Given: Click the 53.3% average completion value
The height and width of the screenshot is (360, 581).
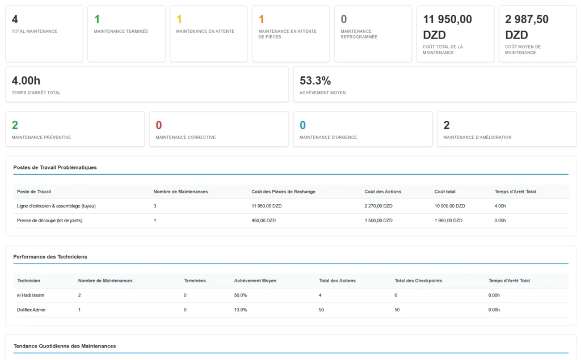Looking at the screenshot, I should tap(315, 81).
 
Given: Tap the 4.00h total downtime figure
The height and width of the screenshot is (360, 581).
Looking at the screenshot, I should tap(26, 81).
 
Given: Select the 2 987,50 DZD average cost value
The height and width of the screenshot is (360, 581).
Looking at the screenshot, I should tap(527, 27).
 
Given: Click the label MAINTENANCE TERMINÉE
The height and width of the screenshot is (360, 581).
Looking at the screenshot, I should tap(121, 31).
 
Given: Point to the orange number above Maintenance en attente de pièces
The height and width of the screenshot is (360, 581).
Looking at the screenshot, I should tap(262, 19).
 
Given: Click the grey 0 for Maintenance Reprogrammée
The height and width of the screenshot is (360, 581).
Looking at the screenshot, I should tap(344, 19).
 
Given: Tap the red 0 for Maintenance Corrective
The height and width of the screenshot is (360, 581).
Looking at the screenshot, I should tap(159, 125).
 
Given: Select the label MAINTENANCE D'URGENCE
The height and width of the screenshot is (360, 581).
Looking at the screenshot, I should tap(328, 137).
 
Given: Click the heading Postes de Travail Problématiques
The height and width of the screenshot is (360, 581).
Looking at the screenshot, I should tap(55, 167).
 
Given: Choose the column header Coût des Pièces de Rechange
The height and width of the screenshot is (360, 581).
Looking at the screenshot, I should tap(283, 192).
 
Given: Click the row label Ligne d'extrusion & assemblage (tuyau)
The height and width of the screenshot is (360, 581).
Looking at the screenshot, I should tap(56, 206).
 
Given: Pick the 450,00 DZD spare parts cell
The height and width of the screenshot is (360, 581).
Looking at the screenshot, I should tap(264, 221).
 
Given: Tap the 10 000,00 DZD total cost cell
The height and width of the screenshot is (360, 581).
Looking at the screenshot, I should tap(449, 206).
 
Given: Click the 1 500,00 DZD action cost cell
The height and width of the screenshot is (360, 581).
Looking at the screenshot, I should tap(378, 221).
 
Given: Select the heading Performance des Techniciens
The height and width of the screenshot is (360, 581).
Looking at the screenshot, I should tap(50, 256).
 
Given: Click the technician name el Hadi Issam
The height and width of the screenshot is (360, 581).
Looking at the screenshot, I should tap(31, 295).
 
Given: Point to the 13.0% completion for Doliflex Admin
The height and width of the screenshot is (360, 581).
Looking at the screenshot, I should tap(241, 310).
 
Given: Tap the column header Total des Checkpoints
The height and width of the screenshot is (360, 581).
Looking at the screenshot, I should tap(418, 281).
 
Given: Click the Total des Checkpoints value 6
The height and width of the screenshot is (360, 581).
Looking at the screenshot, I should tap(396, 295).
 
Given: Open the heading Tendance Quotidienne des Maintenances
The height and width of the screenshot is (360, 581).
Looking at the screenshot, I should tap(64, 346).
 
